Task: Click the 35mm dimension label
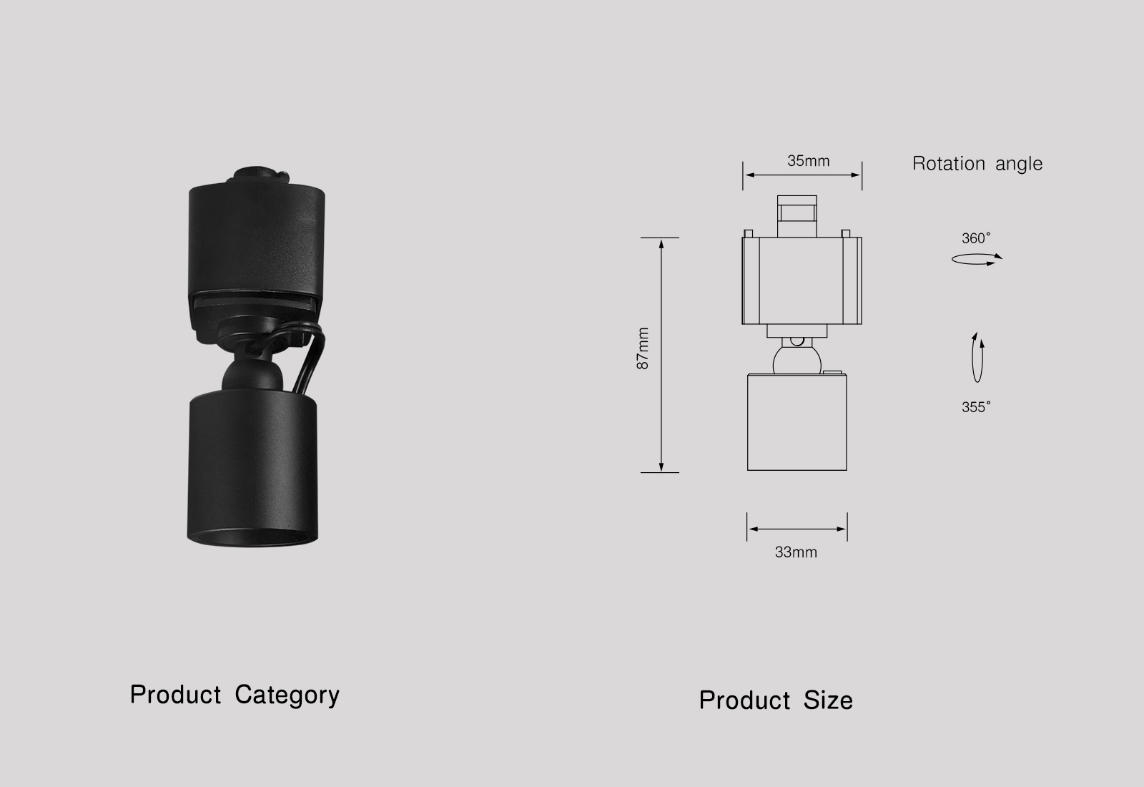(x=808, y=161)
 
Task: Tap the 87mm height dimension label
(x=643, y=348)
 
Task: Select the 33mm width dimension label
(x=795, y=552)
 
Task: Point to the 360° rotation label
(x=976, y=238)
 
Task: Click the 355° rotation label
(x=976, y=407)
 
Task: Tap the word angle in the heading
(x=1019, y=165)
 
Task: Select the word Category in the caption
(x=287, y=695)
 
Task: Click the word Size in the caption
(x=828, y=700)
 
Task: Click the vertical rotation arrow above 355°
(x=977, y=358)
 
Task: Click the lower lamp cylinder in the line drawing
(x=797, y=422)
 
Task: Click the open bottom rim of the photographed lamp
(x=254, y=535)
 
